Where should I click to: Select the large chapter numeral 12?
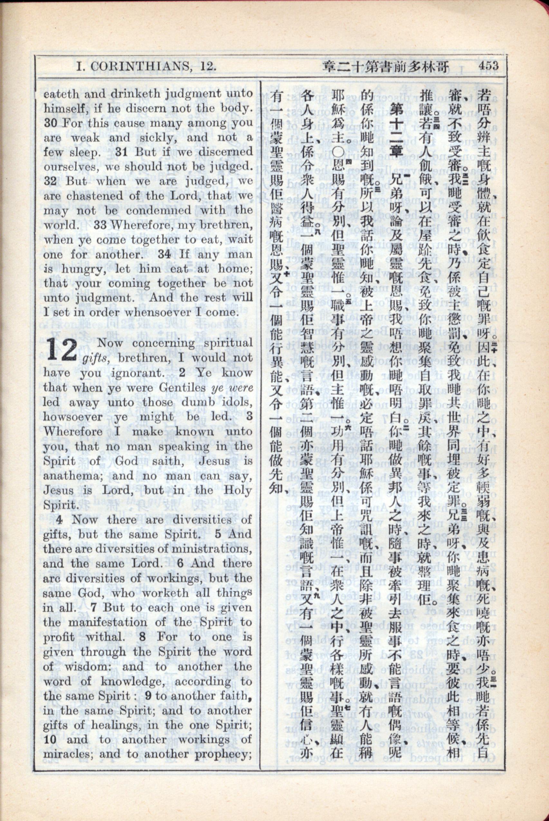[x=61, y=350]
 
